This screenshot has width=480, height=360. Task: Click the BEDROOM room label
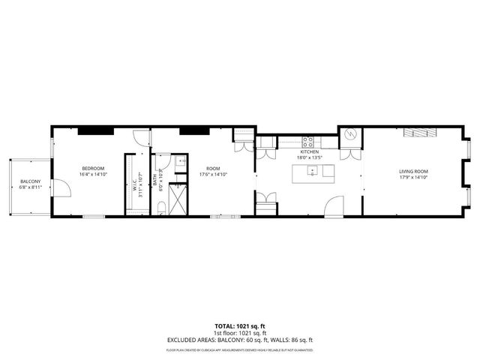pos(93,167)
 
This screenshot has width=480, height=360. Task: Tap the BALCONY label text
pos(31,181)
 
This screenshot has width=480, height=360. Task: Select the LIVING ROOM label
pos(413,172)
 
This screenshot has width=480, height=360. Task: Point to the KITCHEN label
pos(310,151)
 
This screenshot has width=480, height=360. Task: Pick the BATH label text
pos(155,180)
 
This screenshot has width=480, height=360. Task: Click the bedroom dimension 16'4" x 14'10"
pos(93,173)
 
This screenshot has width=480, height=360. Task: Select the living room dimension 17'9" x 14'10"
pos(413,178)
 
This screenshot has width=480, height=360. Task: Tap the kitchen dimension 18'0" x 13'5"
pos(310,157)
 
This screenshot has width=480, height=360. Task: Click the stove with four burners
pos(308,141)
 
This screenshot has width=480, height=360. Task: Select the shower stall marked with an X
pos(178,200)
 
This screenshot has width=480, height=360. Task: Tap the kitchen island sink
pos(310,172)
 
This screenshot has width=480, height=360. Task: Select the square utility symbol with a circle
pos(350,136)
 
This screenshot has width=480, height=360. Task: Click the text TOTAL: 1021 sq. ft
pos(239,326)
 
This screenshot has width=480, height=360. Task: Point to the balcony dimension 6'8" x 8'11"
pos(31,187)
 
